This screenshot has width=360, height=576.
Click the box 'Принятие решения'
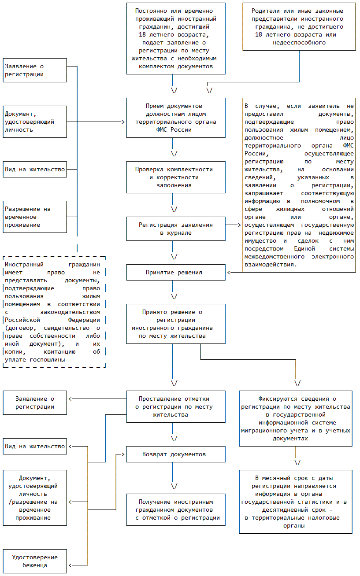(x=176, y=272)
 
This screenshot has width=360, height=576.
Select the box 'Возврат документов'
(x=176, y=454)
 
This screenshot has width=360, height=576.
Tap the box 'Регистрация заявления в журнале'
(x=176, y=229)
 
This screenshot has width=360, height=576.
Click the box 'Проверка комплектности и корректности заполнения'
(x=176, y=177)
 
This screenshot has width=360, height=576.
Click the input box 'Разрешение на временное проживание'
(x=35, y=217)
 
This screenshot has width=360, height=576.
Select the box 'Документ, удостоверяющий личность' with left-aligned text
(x=35, y=122)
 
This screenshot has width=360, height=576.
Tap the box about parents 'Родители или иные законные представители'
(x=299, y=27)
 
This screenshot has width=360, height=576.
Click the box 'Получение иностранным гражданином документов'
(x=176, y=510)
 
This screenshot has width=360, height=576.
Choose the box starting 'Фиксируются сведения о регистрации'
(x=296, y=418)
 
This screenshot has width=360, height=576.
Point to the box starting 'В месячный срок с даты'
(x=296, y=502)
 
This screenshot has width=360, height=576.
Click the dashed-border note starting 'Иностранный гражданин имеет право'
(x=54, y=312)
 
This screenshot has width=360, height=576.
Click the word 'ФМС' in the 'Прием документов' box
(x=161, y=129)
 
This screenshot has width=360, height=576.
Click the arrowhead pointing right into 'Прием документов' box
(x=123, y=122)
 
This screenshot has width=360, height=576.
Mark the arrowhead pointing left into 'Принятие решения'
(x=229, y=272)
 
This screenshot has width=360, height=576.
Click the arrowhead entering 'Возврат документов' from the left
(x=123, y=454)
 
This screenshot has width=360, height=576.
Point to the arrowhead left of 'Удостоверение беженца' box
(x=70, y=565)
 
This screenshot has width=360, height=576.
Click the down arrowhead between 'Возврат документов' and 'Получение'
(x=174, y=486)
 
